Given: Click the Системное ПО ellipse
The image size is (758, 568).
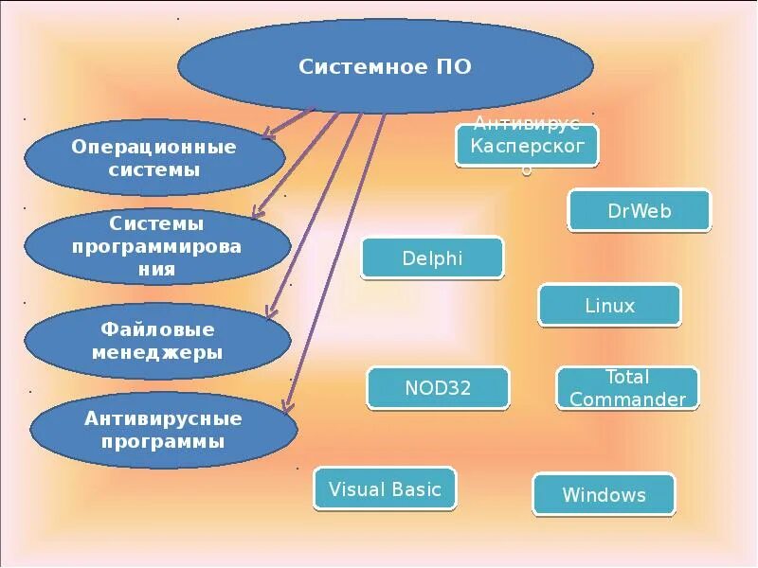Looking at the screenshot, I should click(x=386, y=66).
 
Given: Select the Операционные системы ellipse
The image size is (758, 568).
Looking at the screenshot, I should click(x=153, y=158).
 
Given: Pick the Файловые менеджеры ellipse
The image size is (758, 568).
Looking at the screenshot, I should click(x=156, y=341).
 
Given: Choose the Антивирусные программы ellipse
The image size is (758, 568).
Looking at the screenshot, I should click(x=163, y=430).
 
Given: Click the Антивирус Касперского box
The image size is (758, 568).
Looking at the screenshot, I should click(x=527, y=145).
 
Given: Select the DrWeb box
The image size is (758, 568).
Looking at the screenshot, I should click(x=639, y=210).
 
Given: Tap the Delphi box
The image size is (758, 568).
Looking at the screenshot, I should click(x=432, y=257).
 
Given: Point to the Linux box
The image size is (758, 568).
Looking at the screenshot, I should click(x=609, y=306).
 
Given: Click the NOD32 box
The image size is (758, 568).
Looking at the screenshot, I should click(x=438, y=387).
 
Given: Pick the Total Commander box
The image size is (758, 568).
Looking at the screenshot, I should click(x=627, y=388).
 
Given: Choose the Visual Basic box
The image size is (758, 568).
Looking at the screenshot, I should click(x=385, y=489).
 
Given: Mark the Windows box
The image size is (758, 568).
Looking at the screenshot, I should click(x=604, y=494).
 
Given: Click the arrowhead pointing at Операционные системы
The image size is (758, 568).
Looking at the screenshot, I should click(x=268, y=134).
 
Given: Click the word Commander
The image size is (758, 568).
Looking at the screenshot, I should click(x=627, y=399).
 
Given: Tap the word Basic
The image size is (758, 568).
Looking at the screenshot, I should click(x=416, y=489).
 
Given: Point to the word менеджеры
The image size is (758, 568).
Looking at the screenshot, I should click(x=156, y=353).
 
